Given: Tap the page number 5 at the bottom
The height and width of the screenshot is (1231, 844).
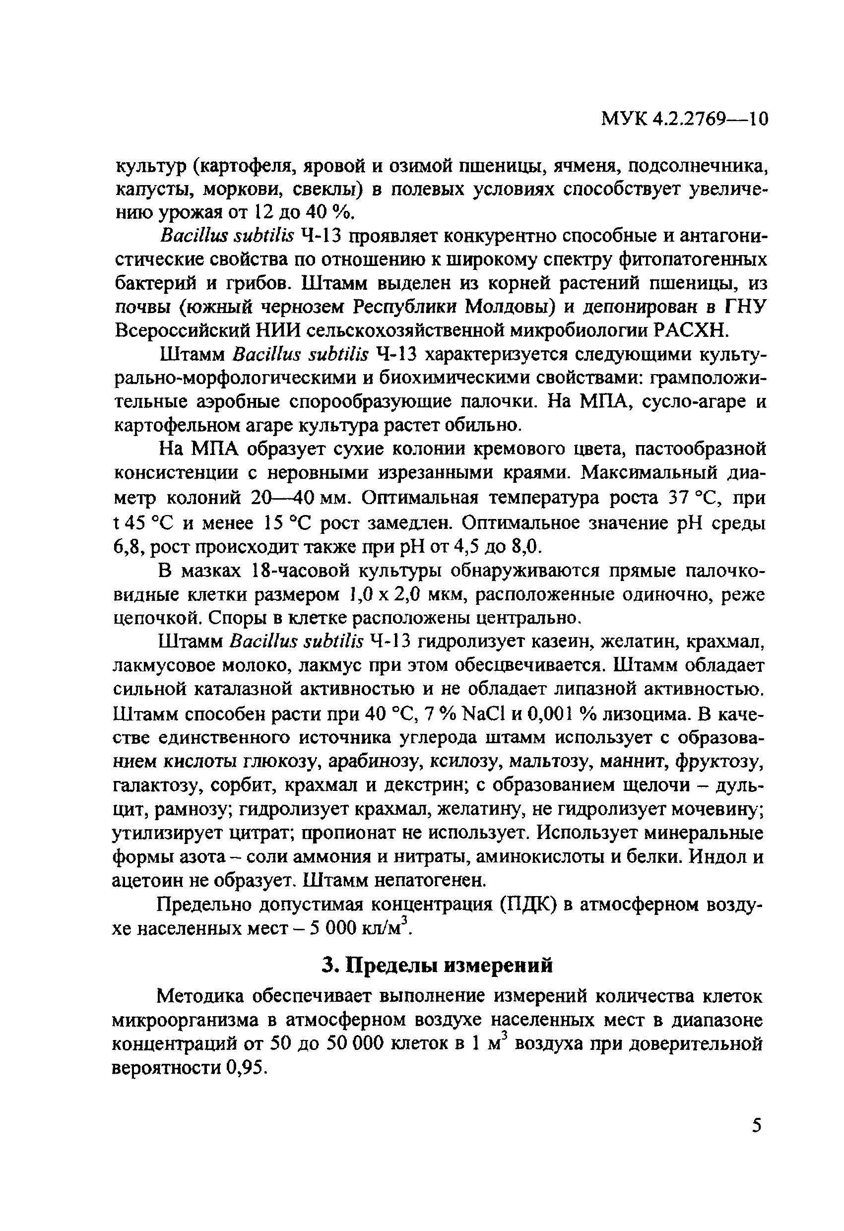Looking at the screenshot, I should [757, 1140].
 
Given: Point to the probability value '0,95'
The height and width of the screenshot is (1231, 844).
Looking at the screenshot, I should [244, 1068].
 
